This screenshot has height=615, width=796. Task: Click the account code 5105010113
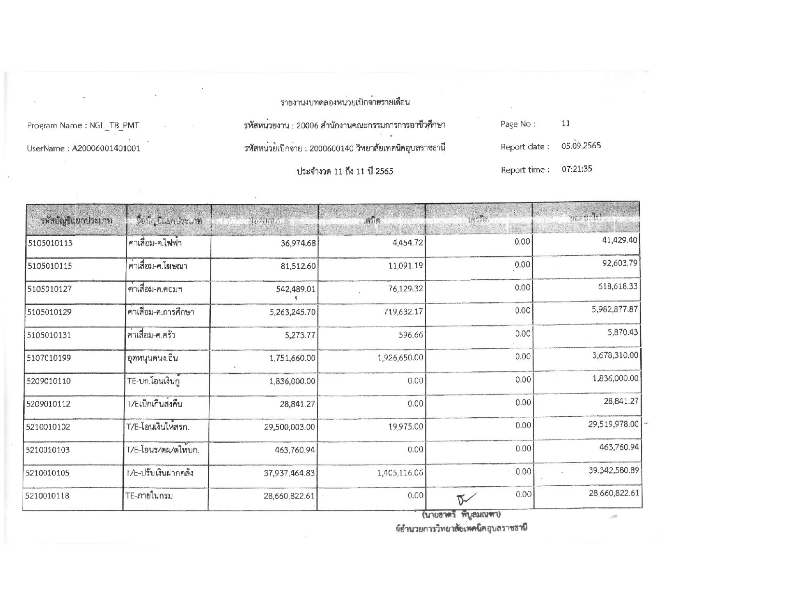(x=49, y=243)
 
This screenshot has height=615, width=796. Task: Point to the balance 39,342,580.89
(x=614, y=470)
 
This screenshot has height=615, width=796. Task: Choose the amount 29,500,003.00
(x=289, y=427)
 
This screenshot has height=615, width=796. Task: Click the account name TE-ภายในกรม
(x=150, y=495)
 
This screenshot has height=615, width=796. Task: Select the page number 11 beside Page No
(x=565, y=123)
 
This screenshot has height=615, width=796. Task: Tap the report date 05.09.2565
(x=581, y=146)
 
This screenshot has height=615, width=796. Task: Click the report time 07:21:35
(x=577, y=169)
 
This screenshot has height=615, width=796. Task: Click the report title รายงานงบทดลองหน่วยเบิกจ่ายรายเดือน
(x=345, y=102)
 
